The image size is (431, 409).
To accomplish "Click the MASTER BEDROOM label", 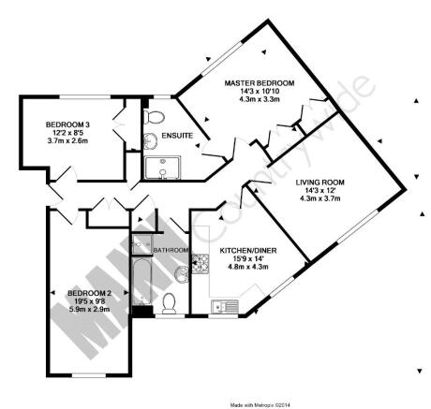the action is point(260,83).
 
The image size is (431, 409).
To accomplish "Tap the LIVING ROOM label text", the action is point(320,183).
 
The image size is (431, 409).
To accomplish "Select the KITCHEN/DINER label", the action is point(248,251).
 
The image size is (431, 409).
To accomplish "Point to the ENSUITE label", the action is point(177,136).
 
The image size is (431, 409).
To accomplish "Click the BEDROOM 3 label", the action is point(67,124).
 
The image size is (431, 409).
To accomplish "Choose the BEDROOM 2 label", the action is point(89,293).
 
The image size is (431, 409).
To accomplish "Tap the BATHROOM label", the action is point(171,250).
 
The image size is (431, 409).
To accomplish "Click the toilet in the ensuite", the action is point(154,117).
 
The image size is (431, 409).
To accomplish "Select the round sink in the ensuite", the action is point(150,141).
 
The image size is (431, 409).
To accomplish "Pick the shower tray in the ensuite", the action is point(163,168).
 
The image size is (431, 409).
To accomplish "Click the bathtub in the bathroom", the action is point(141,280).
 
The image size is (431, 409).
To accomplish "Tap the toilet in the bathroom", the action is point(169,303).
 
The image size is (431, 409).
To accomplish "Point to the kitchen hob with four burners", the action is point(201,264).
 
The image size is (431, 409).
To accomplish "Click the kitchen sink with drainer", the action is point(225,306).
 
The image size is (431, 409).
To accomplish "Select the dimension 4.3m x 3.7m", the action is point(320,198).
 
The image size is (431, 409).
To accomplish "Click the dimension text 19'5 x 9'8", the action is point(89,301).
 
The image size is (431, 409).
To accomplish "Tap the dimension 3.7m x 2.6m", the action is point(67,140).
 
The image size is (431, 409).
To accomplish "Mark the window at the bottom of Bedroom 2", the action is point(89,375).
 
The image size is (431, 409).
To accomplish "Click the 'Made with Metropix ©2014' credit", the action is point(260,405).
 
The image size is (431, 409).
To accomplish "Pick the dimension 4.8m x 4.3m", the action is point(248,267).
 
